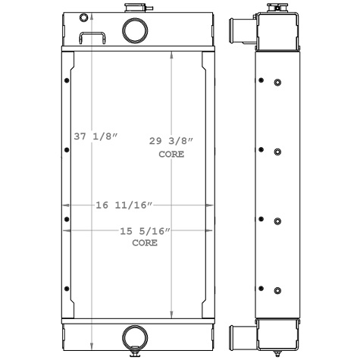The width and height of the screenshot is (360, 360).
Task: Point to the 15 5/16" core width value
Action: [145, 231]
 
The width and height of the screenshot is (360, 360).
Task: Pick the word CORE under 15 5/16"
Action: [145, 243]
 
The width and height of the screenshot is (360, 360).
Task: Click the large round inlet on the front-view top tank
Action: [135, 32]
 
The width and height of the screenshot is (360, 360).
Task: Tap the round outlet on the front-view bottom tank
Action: [134, 334]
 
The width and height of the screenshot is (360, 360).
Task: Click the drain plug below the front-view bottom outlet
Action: [134, 350]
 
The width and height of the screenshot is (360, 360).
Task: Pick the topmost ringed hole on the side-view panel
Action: [277, 83]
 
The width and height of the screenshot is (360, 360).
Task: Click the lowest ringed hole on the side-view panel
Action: [277, 291]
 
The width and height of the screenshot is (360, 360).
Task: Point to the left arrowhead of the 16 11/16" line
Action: [64, 205]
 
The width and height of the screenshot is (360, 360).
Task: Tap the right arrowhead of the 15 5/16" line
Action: [207, 229]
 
